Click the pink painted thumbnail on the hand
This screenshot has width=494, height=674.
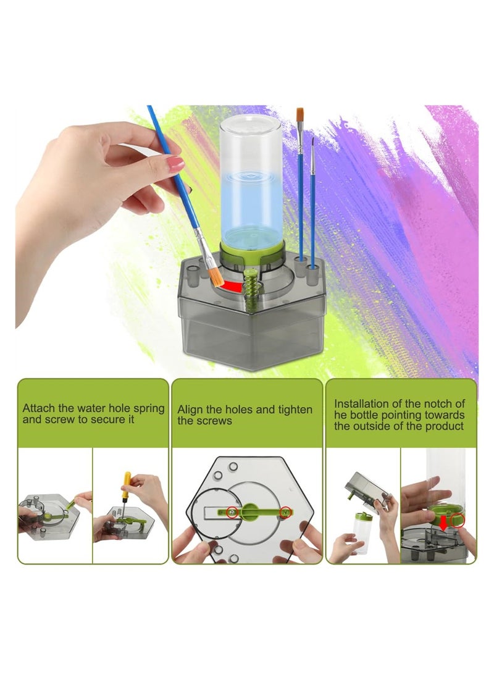(x=175, y=163)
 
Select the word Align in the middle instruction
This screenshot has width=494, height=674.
(x=190, y=409)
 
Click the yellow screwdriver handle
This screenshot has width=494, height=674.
(x=127, y=479)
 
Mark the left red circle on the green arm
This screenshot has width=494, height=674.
(x=230, y=511)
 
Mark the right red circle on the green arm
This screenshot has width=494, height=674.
(x=285, y=511)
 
